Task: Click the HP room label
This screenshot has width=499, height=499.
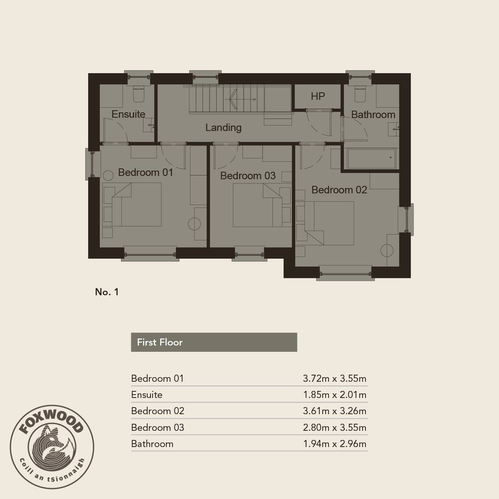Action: tap(318, 96)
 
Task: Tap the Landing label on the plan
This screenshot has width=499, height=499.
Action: tap(223, 127)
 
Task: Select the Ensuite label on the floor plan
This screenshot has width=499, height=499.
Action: tap(128, 114)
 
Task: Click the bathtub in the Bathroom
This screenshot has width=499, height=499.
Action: tap(372, 158)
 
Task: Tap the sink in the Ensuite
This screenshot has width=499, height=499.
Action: tap(148, 125)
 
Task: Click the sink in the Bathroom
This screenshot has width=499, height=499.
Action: tap(393, 129)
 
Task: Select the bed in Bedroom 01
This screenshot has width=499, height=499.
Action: tap(132, 205)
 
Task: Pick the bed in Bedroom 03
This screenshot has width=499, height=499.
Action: tap(262, 205)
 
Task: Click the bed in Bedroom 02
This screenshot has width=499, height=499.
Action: tap(325, 223)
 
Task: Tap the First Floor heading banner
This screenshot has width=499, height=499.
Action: tap(214, 342)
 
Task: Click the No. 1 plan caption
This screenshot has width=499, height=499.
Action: tap(107, 292)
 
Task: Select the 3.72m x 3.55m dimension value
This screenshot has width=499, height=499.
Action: tap(335, 378)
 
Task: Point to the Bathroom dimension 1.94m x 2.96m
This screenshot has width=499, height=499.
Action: tap(335, 444)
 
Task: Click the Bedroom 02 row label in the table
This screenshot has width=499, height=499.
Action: tap(158, 411)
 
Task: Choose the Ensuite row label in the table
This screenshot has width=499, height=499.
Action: tap(146, 395)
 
